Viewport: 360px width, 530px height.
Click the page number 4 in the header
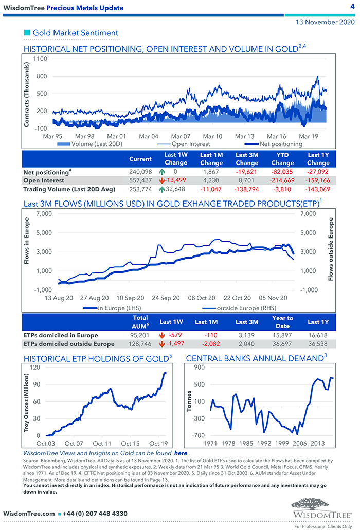point(352,7)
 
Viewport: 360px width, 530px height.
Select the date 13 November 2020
point(325,23)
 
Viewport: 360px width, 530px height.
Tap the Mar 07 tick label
point(181,136)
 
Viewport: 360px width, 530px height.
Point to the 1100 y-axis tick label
point(40,59)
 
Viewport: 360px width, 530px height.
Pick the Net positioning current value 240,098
point(140,172)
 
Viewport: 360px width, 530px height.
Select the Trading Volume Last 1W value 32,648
point(176,189)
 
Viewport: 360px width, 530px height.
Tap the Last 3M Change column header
point(247,159)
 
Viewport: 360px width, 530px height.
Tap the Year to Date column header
point(282,322)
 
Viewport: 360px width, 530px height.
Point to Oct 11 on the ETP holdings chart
point(102,443)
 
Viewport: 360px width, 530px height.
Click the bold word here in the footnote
point(181,454)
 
